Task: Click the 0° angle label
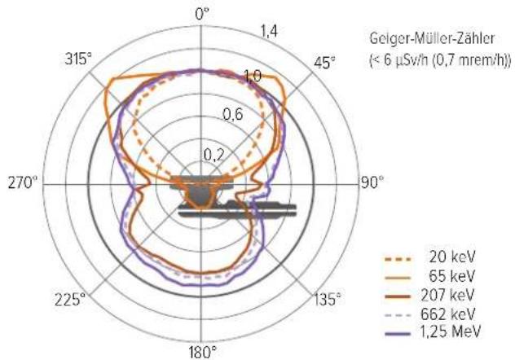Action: [201, 14]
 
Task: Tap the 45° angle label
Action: [325, 63]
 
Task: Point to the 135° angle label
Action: [328, 299]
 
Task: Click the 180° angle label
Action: [203, 353]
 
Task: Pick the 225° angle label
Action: [70, 300]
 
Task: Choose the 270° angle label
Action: [23, 182]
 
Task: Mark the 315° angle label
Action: [78, 59]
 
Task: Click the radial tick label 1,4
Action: [269, 32]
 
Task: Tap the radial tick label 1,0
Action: [253, 76]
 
